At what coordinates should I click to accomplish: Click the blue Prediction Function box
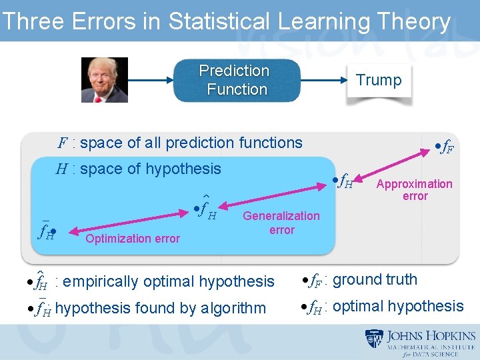coord(236,80)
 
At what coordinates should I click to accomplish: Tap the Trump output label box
coord(379,81)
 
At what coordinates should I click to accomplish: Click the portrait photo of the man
coord(105,80)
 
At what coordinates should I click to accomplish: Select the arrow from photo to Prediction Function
coord(151,80)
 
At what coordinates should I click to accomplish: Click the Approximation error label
coord(414,190)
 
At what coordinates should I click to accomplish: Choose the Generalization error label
coord(281,223)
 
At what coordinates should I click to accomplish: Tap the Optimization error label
coord(133,239)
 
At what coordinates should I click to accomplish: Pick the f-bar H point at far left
coord(47,232)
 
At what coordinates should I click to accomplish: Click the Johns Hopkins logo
coord(419,343)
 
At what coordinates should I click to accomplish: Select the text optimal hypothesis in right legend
coord(398,307)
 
